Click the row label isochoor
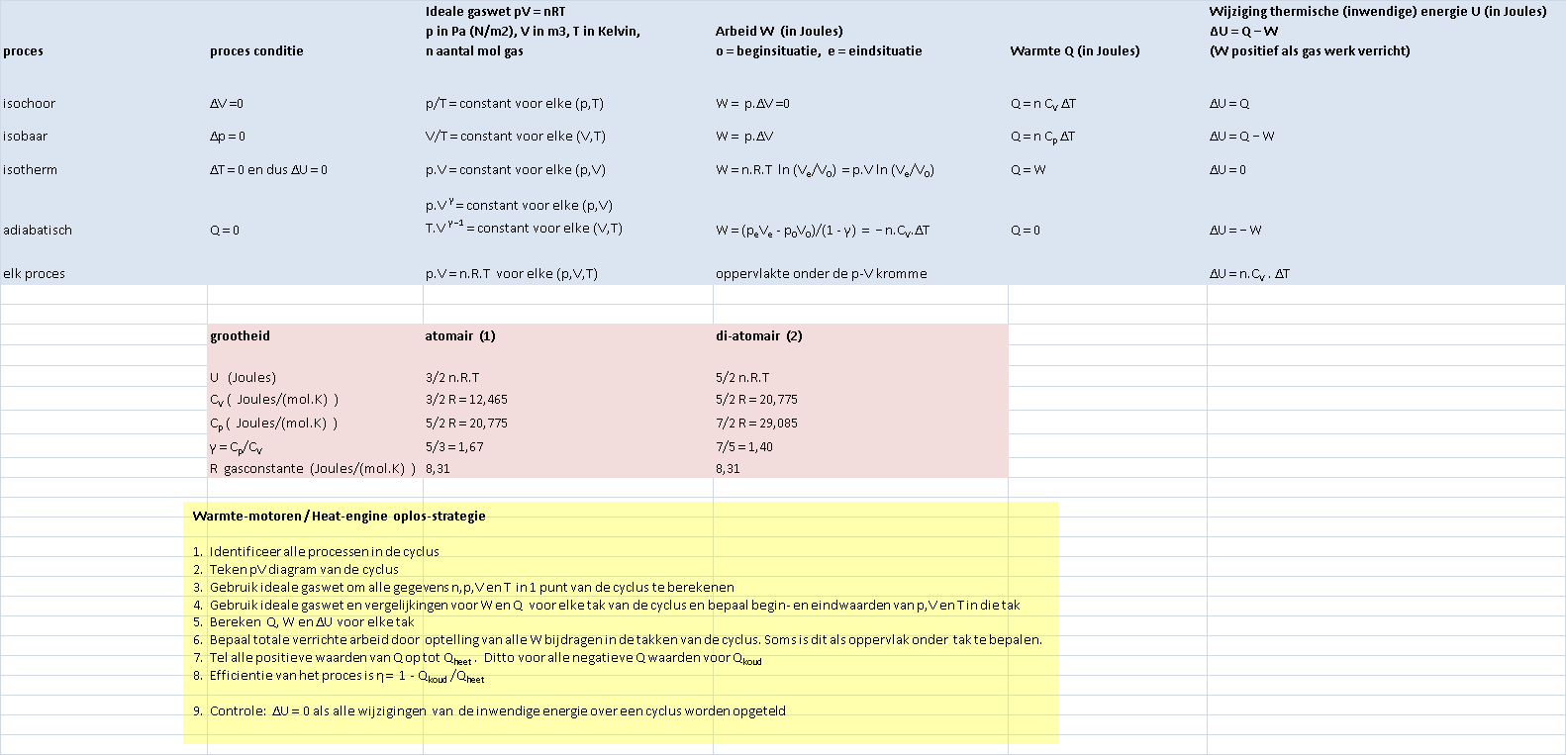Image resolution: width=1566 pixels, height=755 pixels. (x=30, y=104)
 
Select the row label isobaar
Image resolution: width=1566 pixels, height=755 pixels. (x=26, y=137)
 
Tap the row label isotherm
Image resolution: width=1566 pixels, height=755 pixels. (x=31, y=170)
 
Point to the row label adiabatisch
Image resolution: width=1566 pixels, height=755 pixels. (x=38, y=231)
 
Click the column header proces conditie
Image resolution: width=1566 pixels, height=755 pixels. (x=256, y=51)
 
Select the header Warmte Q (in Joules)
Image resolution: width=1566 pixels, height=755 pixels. (x=1074, y=51)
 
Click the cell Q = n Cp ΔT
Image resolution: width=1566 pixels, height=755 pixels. (x=1042, y=137)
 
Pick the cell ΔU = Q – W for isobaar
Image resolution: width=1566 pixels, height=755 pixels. (x=1241, y=137)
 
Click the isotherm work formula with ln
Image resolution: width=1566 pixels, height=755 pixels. (x=825, y=170)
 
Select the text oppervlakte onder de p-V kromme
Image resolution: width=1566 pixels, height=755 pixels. (x=821, y=274)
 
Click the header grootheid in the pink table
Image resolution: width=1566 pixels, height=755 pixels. (x=240, y=336)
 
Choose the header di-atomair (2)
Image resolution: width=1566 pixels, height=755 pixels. (x=758, y=336)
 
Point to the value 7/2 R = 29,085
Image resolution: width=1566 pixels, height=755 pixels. (x=756, y=424)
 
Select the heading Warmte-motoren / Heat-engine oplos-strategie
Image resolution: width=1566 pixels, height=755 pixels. (x=339, y=517)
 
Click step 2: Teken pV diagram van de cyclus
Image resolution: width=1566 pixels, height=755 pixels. (x=303, y=570)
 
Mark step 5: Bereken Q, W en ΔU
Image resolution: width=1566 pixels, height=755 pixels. (x=311, y=622)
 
